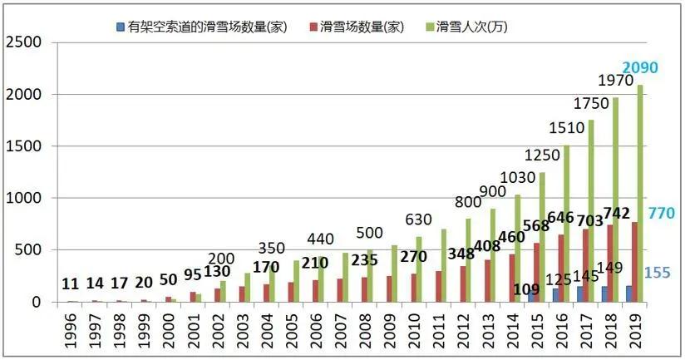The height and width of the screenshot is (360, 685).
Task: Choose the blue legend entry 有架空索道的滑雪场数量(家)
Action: [203, 27]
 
